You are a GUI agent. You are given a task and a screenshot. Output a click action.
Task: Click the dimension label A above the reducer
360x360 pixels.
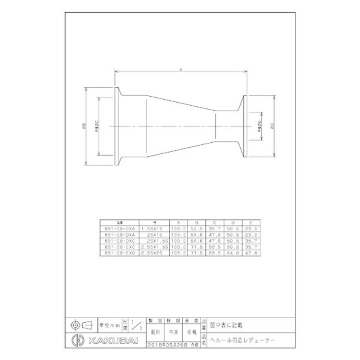click(180, 69)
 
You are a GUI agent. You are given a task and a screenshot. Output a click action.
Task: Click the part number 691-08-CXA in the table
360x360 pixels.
click(119, 229)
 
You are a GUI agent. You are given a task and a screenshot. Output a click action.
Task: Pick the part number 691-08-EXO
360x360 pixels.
click(119, 253)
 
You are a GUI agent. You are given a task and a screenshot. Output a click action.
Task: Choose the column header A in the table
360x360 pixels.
click(179, 222)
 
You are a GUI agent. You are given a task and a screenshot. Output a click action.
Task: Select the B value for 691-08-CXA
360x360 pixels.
click(197, 229)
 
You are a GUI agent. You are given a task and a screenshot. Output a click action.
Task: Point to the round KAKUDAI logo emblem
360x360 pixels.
click(76, 339)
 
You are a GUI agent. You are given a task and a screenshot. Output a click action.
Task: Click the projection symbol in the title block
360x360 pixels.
click(81, 324)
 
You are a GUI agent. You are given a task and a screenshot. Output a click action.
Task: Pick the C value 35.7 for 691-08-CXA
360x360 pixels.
click(215, 229)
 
